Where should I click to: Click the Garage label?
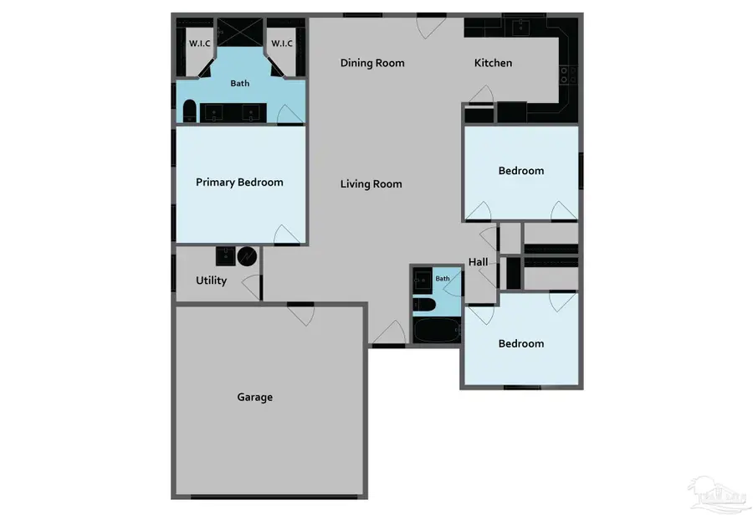point(254,397)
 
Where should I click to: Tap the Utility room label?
point(211,281)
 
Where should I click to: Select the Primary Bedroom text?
point(239,182)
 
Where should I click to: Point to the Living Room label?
point(371,183)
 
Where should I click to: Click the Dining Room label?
point(372,63)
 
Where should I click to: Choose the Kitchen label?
point(494,63)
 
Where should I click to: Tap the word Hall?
point(479,262)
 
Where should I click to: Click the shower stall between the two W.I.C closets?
point(240,34)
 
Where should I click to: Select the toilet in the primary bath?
point(189,111)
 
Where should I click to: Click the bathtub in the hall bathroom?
point(434,332)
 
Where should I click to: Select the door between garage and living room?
point(300,315)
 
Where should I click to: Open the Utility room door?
point(251,285)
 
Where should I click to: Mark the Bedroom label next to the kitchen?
point(521,171)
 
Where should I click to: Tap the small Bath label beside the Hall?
point(442,278)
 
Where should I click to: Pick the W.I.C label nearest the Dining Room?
point(281,44)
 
